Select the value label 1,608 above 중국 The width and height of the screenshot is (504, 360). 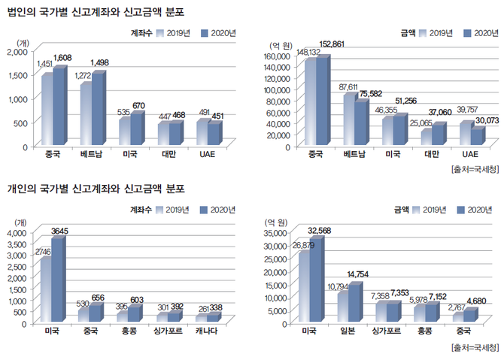pos(62,57)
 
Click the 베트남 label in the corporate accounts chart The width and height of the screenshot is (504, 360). pos(90,155)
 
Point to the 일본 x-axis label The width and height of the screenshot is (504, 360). pos(347,331)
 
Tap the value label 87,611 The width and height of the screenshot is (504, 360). pos(348,86)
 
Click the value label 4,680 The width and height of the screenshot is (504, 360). pos(478,301)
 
